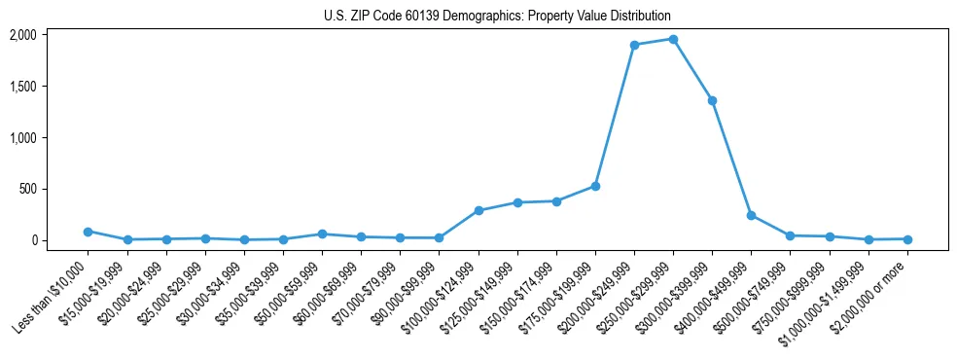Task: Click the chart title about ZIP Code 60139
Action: tap(497, 16)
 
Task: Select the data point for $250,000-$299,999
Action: tap(673, 39)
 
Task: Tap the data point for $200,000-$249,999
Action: tap(634, 45)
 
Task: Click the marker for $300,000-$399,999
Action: tap(712, 100)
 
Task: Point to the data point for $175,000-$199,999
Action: tap(595, 186)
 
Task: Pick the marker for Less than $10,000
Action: tap(88, 232)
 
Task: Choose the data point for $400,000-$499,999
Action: tap(751, 215)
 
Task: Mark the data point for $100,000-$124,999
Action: tap(478, 210)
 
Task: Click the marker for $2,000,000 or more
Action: tap(907, 238)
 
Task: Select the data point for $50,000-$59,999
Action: tap(322, 234)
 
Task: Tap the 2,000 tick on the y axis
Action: tap(50, 35)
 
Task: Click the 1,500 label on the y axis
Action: tap(50, 87)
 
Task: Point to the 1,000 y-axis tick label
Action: tap(50, 138)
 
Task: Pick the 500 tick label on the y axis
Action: tap(54, 189)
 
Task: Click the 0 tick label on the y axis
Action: tap(59, 240)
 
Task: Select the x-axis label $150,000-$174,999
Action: tap(520, 296)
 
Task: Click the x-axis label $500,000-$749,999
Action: tap(755, 296)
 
